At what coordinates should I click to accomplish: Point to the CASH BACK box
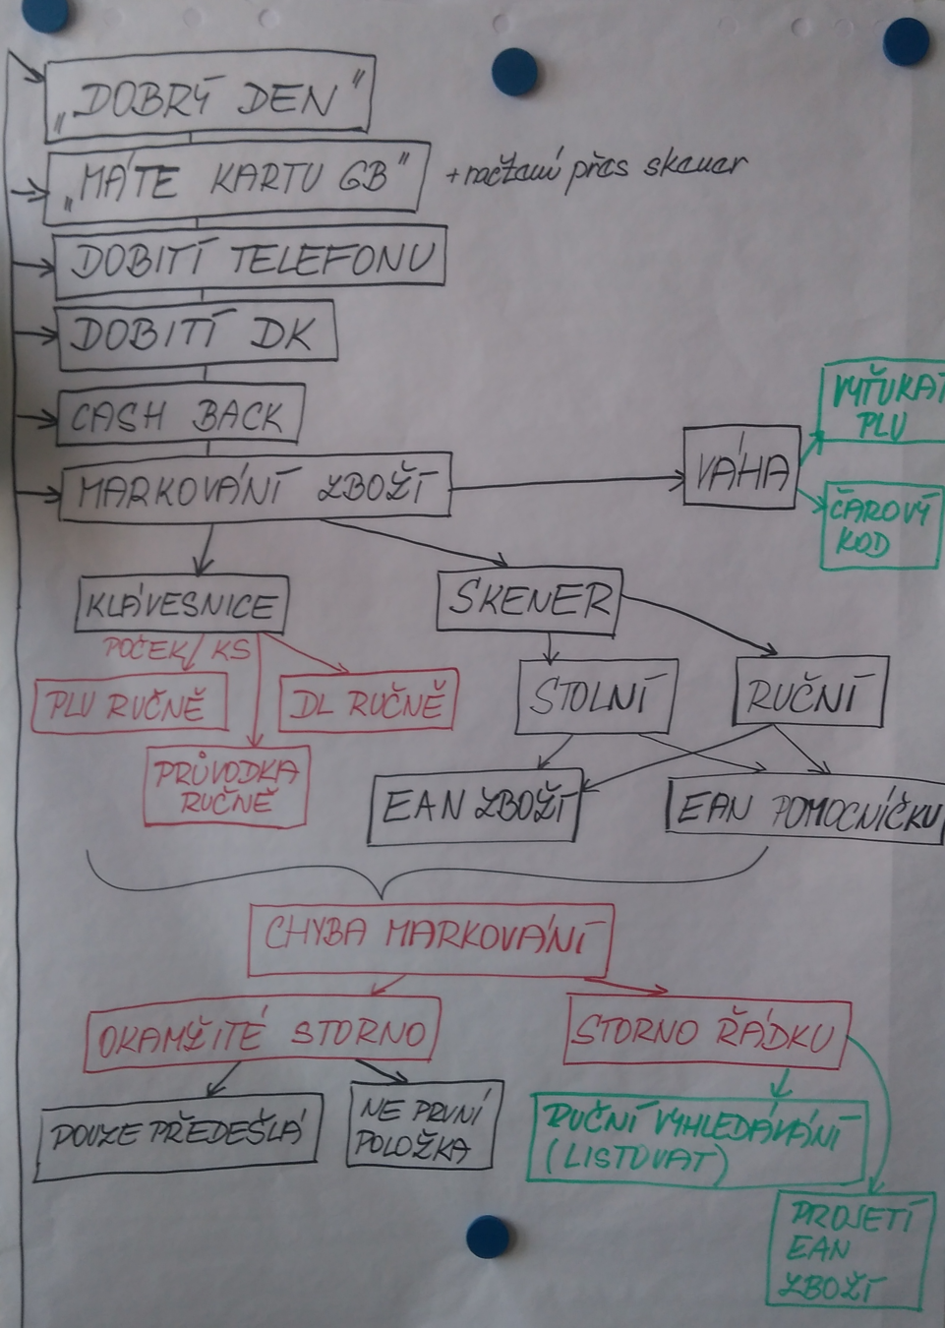180,417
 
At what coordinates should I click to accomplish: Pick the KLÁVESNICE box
181,604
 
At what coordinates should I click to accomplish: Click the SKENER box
529,599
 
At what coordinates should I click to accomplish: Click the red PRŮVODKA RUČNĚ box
225,786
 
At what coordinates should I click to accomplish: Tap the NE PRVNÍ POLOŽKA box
420,1127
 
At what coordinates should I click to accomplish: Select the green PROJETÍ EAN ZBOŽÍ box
848,1249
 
